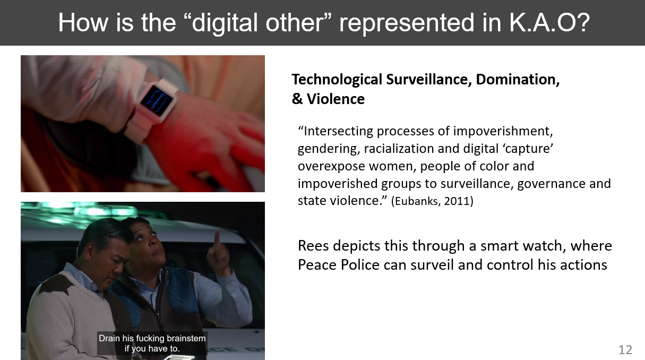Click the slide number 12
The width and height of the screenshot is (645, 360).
[x=625, y=350]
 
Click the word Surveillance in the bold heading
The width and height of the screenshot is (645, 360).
[x=427, y=80]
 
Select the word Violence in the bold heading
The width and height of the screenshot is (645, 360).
[x=336, y=99]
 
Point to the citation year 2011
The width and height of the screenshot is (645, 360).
[x=457, y=201]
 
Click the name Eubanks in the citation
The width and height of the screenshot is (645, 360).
[x=417, y=201]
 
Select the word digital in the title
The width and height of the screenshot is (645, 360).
[x=225, y=22]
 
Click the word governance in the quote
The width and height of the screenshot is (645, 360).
[x=549, y=184]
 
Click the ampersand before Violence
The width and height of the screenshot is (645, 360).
[x=297, y=99]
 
